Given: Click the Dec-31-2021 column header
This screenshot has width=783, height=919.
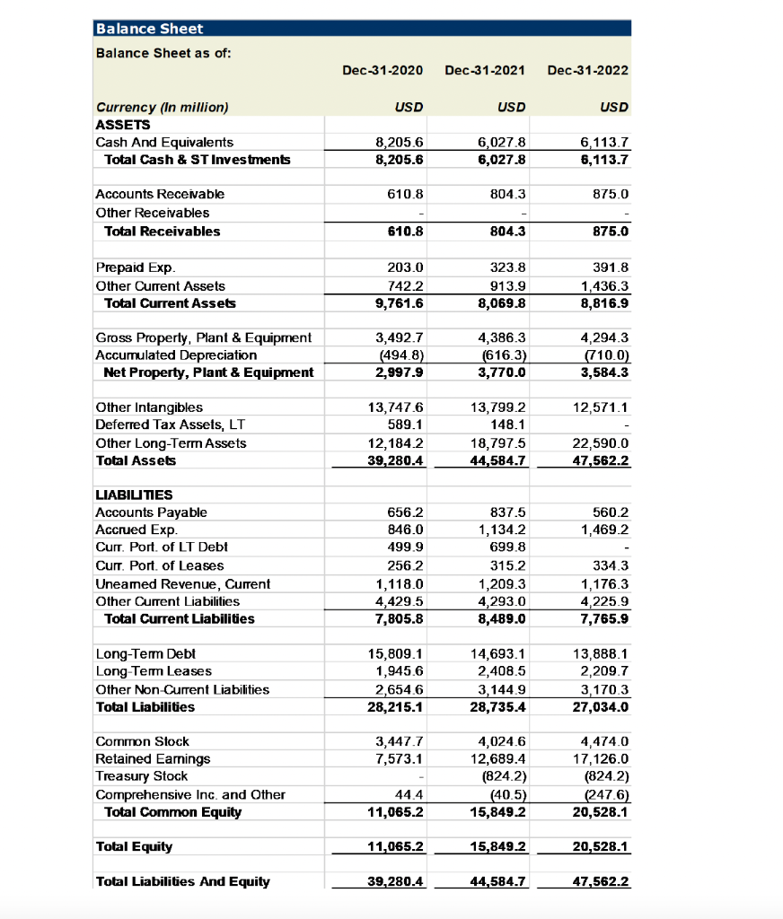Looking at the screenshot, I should coord(485,70).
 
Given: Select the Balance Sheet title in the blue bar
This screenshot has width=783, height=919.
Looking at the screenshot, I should coord(149,29).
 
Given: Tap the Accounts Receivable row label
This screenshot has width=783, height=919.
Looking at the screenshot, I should coord(160,194).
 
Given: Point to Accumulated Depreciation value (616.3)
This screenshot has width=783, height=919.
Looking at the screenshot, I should coord(505,355).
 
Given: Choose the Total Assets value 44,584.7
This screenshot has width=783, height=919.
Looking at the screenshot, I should coord(503,460).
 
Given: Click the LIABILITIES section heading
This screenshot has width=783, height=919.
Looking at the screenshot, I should coord(134,495).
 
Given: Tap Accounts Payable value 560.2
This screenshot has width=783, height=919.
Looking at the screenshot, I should coord(612,512).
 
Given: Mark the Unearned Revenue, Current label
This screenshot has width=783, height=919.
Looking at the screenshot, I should coord(182,583).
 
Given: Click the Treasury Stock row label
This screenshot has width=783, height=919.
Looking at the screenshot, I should coord(142,776).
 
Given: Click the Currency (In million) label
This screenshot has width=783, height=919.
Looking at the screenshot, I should coord(163,108).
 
